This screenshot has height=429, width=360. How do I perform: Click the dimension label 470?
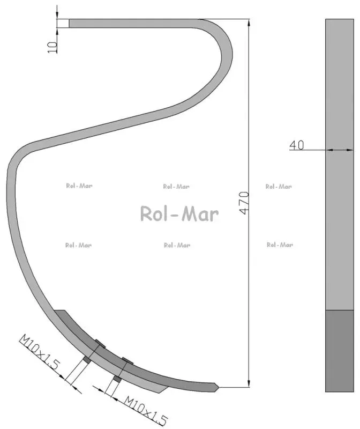tap(244, 203)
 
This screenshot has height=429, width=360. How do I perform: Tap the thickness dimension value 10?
tap(52, 47)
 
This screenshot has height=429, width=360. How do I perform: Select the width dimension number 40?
tap(297, 145)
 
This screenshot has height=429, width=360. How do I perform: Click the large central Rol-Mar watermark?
tap(179, 213)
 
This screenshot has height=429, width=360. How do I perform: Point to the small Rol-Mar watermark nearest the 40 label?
tap(279, 187)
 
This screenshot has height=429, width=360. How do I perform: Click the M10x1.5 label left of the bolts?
tap(39, 352)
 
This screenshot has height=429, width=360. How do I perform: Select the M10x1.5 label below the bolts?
tap(146, 410)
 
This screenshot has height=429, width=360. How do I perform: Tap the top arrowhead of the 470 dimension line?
tap(249, 23)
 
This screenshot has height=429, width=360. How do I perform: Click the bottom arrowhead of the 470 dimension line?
tap(249, 383)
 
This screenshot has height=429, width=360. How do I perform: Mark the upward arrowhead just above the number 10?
tap(57, 32)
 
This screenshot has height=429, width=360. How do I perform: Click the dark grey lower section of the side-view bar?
tap(340, 351)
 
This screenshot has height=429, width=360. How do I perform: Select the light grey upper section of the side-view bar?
tap(340, 165)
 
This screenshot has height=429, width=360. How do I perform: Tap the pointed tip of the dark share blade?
tap(219, 387)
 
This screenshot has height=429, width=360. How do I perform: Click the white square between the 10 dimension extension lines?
tap(63, 23)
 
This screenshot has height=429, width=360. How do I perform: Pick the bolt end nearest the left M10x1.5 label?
tap(87, 359)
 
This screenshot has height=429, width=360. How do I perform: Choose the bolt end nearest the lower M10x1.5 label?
tap(117, 379)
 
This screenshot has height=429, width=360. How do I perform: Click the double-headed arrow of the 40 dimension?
tap(340, 150)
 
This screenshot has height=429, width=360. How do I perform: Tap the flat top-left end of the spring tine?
tap(70, 23)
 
